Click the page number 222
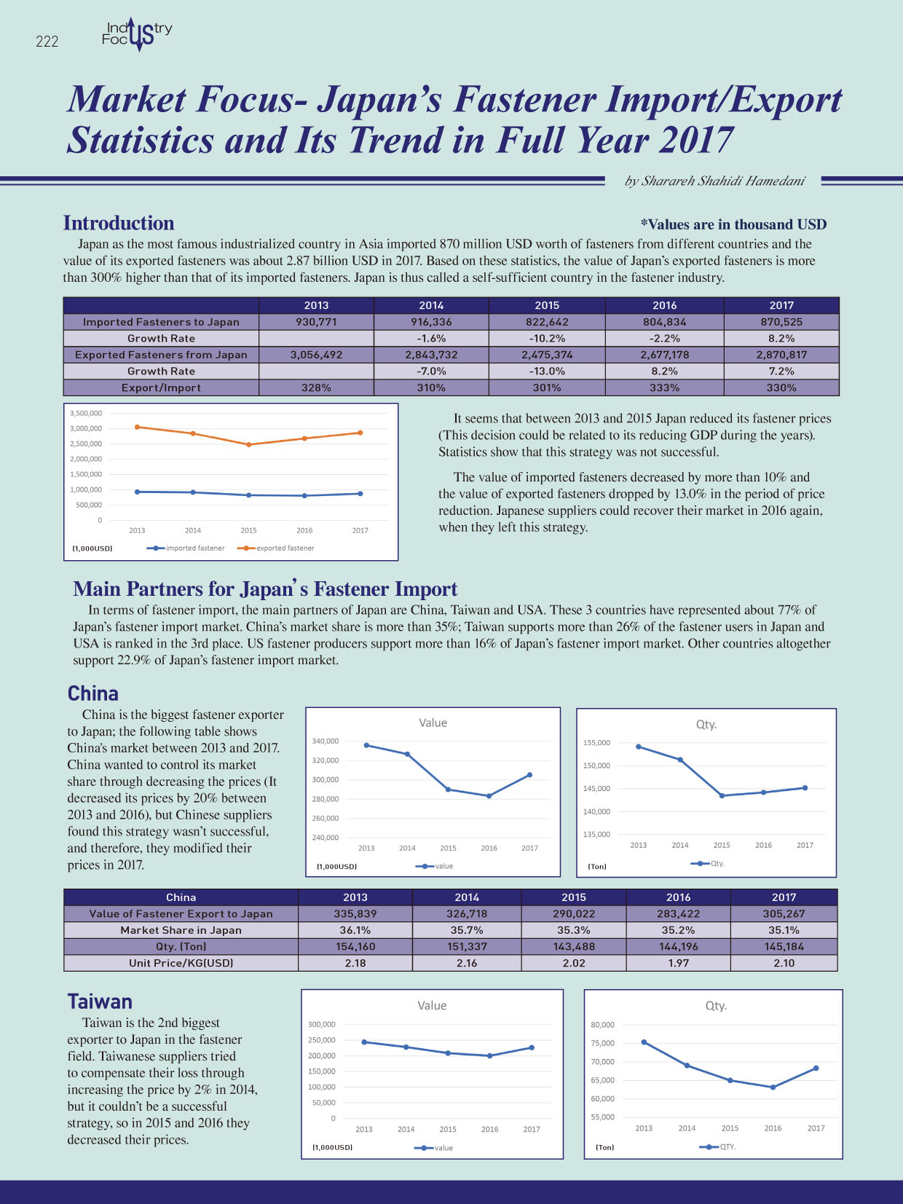click(x=47, y=42)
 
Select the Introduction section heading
click(x=119, y=223)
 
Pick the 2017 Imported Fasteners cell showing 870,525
click(x=781, y=322)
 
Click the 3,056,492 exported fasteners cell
click(x=316, y=355)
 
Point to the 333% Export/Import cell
click(x=664, y=387)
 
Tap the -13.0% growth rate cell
click(x=547, y=371)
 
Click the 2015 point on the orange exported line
click(x=248, y=445)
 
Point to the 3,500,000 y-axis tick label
click(x=86, y=413)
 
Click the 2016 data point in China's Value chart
click(x=489, y=796)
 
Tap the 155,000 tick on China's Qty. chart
click(x=596, y=743)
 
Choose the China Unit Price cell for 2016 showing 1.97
click(x=678, y=963)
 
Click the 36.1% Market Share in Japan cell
click(x=355, y=930)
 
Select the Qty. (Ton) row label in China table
click(x=181, y=947)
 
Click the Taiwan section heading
click(x=100, y=1002)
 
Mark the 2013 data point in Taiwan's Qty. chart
click(x=644, y=1042)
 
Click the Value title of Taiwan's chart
click(x=432, y=1005)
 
